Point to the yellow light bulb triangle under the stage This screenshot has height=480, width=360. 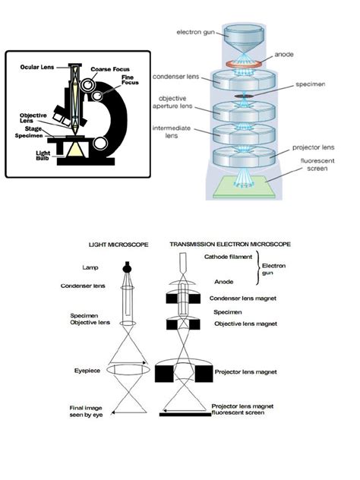click(76, 152)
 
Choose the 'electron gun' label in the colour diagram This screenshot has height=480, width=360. click(194, 32)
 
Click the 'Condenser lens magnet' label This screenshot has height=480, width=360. click(246, 298)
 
